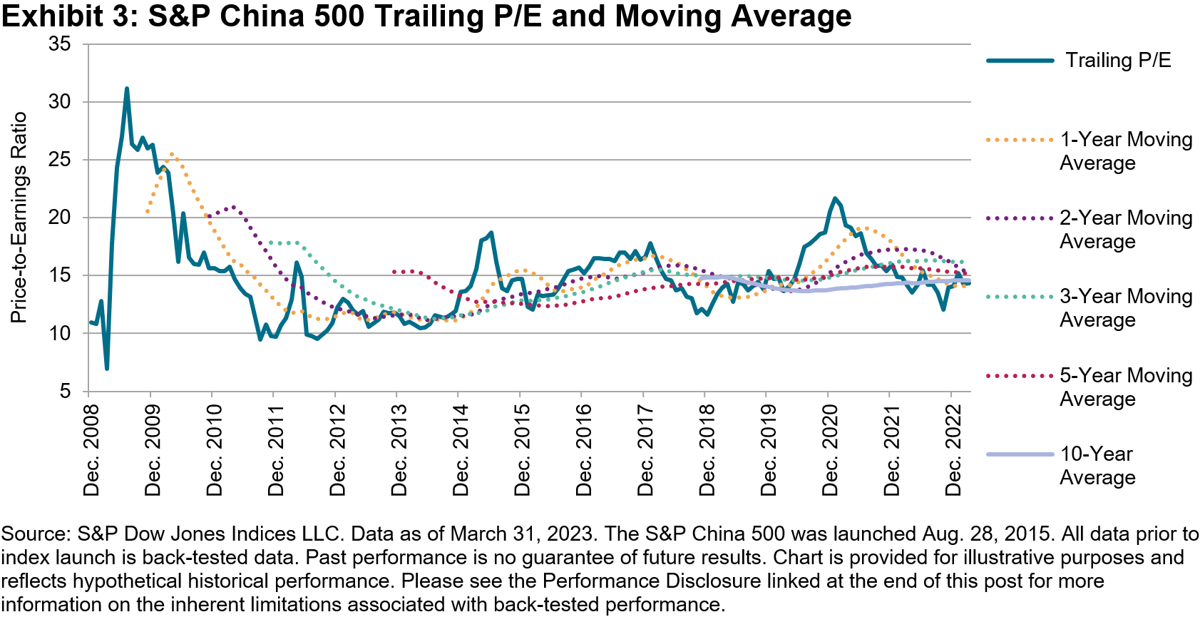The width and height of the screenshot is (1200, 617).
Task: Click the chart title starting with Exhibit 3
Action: (x=426, y=16)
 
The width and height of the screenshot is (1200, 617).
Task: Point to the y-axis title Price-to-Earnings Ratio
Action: (x=19, y=218)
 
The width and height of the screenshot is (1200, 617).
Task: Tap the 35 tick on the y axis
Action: (x=60, y=44)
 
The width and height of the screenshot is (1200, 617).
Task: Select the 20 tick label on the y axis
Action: (x=60, y=218)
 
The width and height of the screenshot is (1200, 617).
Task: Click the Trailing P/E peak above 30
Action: (x=126, y=89)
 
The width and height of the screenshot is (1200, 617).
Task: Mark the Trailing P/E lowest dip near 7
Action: (x=107, y=368)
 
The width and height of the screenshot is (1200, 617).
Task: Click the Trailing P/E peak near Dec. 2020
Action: (x=835, y=198)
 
